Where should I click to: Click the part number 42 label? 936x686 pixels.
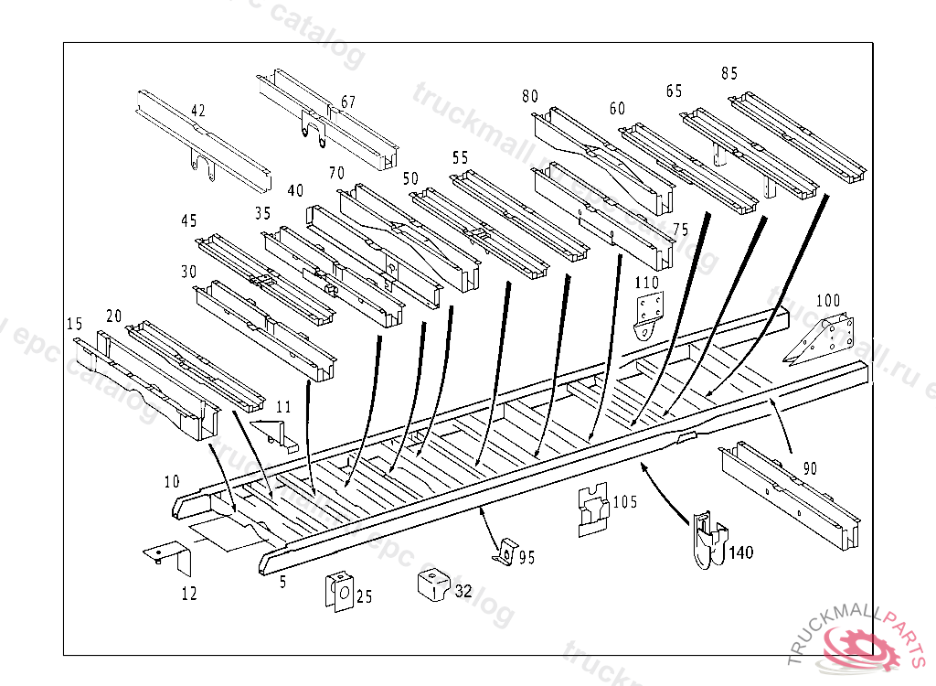(x=197, y=111)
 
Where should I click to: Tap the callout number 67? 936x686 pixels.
(x=348, y=102)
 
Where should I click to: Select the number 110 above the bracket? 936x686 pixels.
(x=647, y=283)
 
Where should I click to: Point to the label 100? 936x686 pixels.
(x=827, y=300)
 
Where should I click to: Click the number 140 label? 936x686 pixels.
(x=740, y=552)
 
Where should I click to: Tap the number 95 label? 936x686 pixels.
(x=526, y=556)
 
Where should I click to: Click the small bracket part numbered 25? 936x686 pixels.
(x=340, y=593)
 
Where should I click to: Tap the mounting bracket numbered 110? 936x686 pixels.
(x=648, y=316)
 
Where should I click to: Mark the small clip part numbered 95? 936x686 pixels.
(x=502, y=551)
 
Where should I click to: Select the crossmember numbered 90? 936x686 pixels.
(x=791, y=494)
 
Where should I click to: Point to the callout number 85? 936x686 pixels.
(x=729, y=73)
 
